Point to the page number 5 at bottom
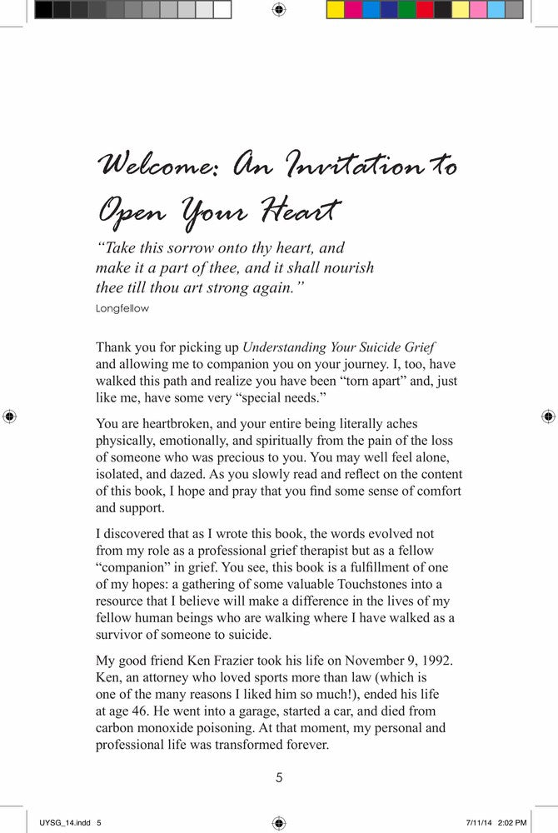pyautogui.click(x=279, y=778)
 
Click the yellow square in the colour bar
pyautogui.click(x=335, y=10)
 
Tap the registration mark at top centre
pyautogui.click(x=279, y=10)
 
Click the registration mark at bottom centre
pyautogui.click(x=279, y=823)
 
